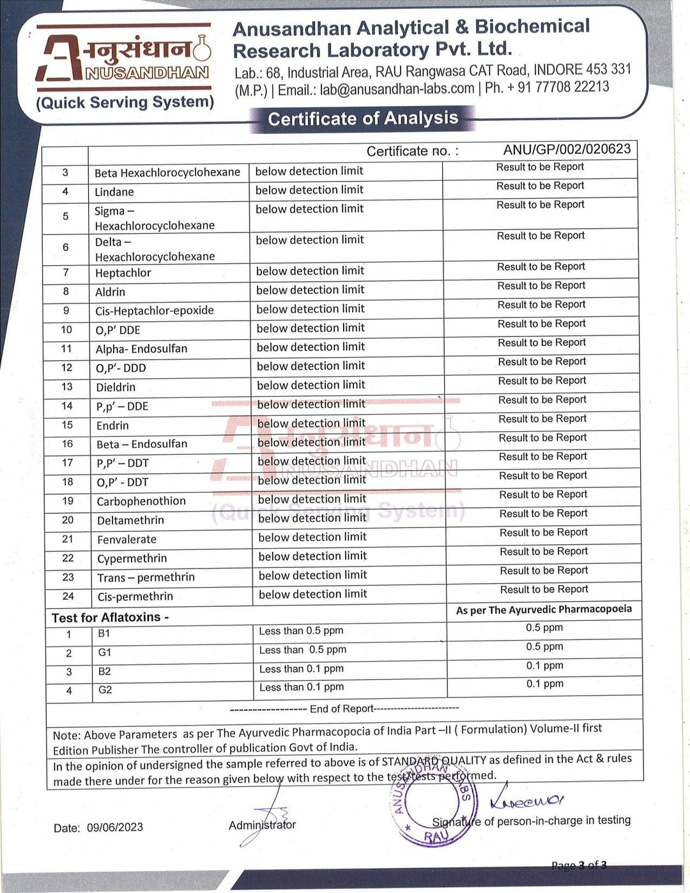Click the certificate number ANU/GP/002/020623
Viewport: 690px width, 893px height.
567,149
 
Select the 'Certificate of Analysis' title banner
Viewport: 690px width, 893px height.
363,119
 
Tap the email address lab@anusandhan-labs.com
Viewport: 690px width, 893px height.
397,89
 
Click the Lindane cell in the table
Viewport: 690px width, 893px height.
114,192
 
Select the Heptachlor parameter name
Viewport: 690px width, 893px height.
123,273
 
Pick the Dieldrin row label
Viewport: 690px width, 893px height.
116,387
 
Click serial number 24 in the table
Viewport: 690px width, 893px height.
68,596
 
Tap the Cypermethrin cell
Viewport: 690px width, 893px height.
132,558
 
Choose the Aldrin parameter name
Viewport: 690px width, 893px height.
111,292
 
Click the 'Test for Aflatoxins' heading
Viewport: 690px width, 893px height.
110,618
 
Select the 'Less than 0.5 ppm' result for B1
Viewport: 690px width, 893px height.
301,631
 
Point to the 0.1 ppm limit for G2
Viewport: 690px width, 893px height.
545,684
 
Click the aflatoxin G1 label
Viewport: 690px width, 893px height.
105,652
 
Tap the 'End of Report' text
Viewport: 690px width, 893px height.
342,709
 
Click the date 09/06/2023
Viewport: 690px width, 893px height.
115,827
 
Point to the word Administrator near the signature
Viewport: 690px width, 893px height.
262,825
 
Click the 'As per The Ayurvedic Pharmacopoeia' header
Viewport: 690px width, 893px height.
544,610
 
